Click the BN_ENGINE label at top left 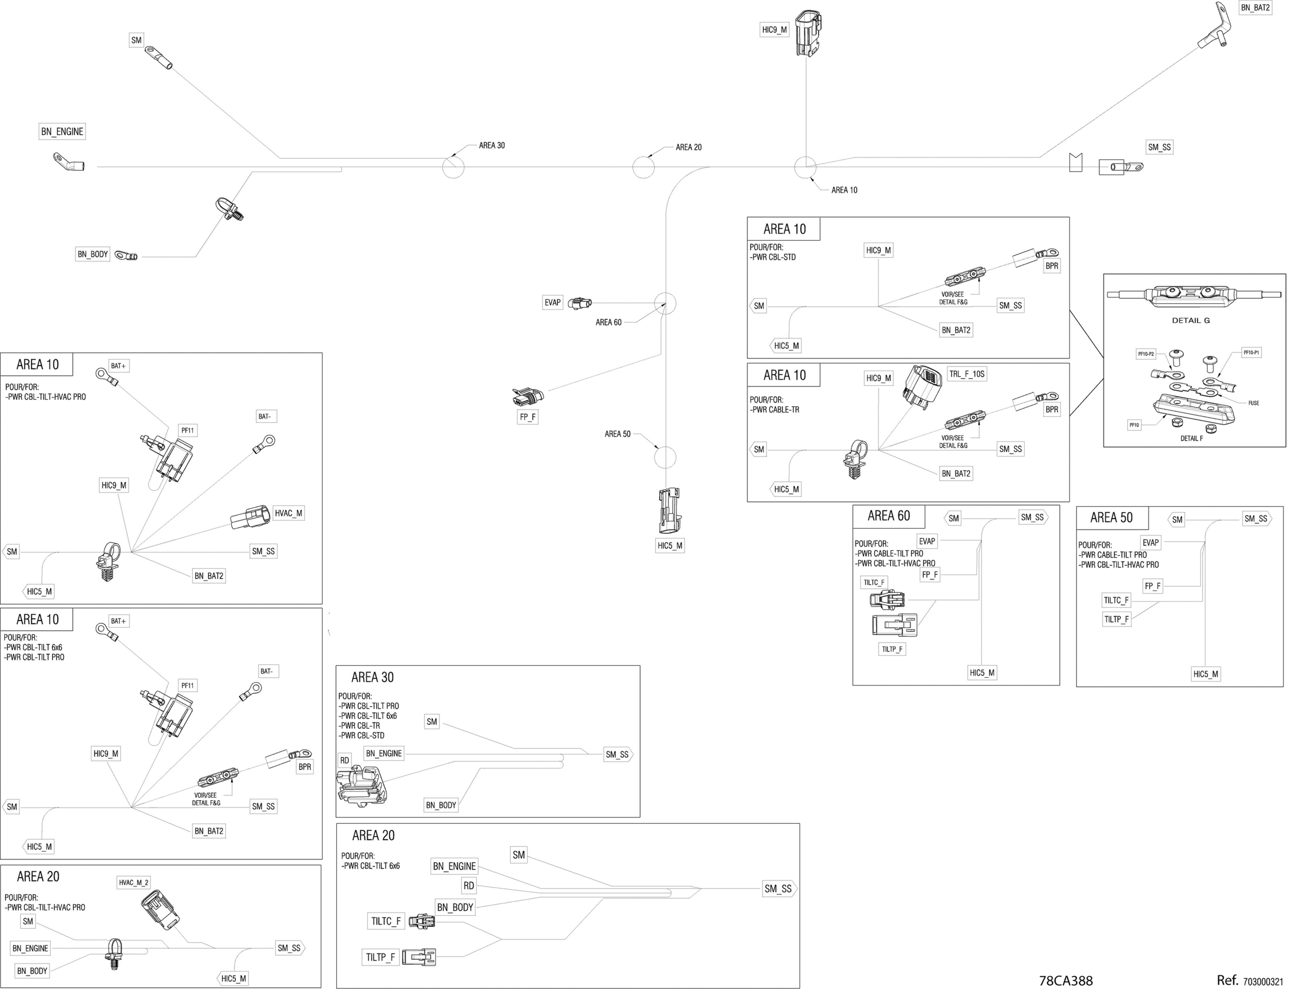point(62,132)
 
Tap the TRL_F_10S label point(967,374)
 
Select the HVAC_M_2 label point(133,882)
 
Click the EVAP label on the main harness point(552,303)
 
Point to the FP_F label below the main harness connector point(527,417)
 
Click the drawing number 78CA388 point(1066,981)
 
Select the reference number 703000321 point(1263,982)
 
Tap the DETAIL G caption point(1190,320)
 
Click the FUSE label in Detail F point(1253,403)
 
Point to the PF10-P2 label point(1145,354)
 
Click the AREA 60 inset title point(889,516)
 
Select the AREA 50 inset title point(1112,518)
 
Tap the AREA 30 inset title point(373,678)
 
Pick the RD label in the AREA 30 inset point(345,761)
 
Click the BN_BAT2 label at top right point(1255,8)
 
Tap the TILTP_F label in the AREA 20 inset point(380,957)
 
